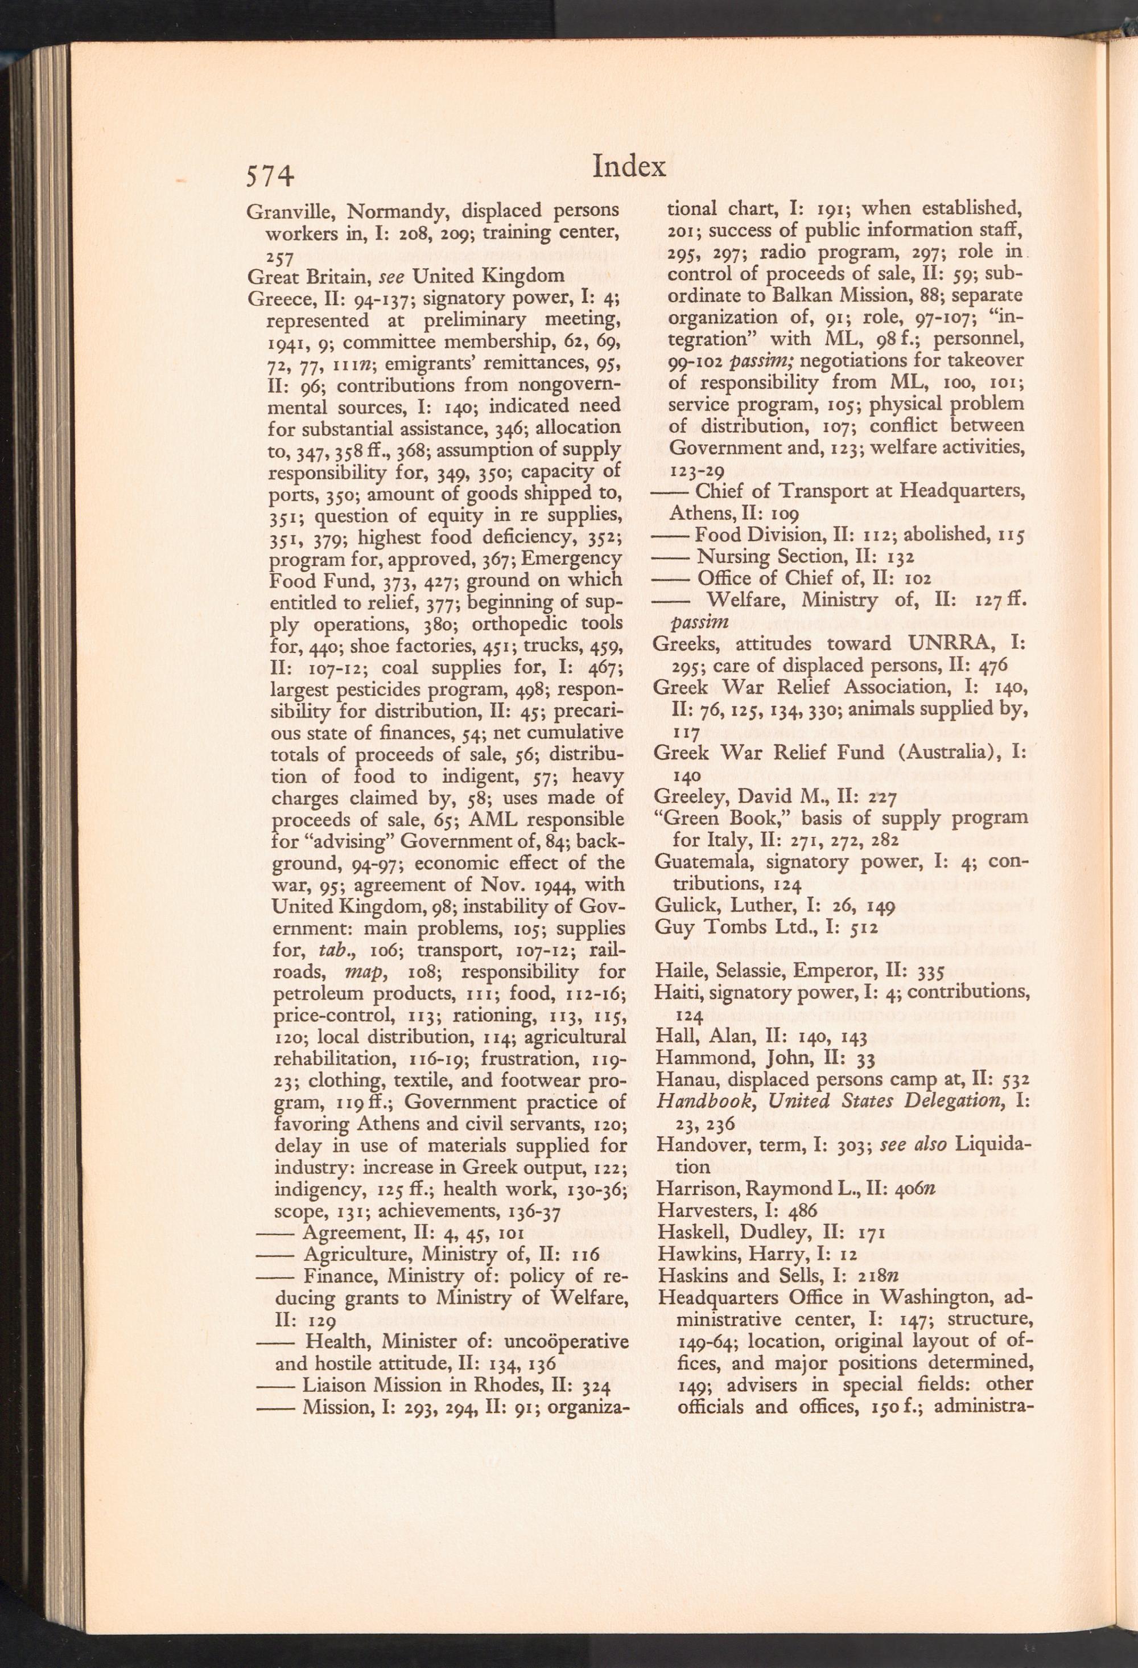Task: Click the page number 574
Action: (270, 176)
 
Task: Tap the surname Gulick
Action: (681, 905)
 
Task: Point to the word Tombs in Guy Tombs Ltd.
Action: (733, 927)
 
